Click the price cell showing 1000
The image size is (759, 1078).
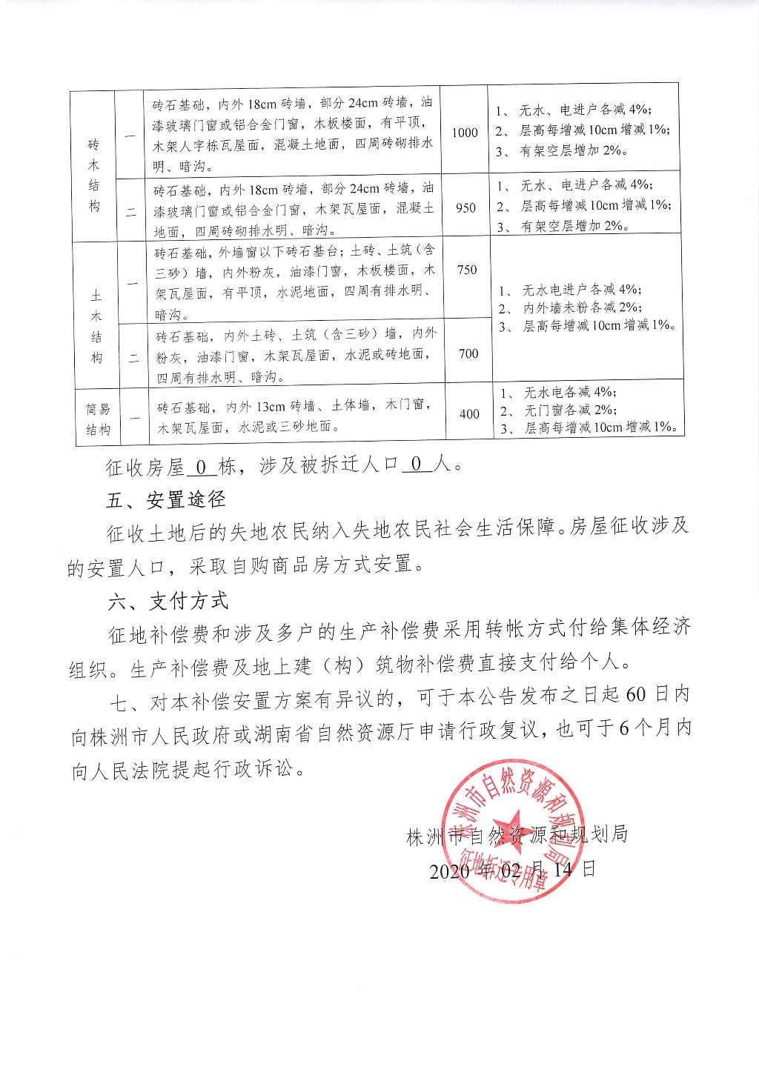465,133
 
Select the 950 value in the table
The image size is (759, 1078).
465,208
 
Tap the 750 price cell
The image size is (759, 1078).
467,270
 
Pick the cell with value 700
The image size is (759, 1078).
468,354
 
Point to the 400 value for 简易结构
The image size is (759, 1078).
469,414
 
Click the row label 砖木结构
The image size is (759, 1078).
93,175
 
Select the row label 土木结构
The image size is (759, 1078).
96,327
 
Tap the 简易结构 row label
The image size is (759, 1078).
98,419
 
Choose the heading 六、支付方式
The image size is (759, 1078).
168,601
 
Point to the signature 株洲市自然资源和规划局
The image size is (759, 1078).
517,835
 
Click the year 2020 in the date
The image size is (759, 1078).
450,871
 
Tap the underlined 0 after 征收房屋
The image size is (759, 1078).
200,467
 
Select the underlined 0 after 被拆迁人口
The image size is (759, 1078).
417,465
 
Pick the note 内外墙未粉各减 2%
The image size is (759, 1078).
583,307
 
